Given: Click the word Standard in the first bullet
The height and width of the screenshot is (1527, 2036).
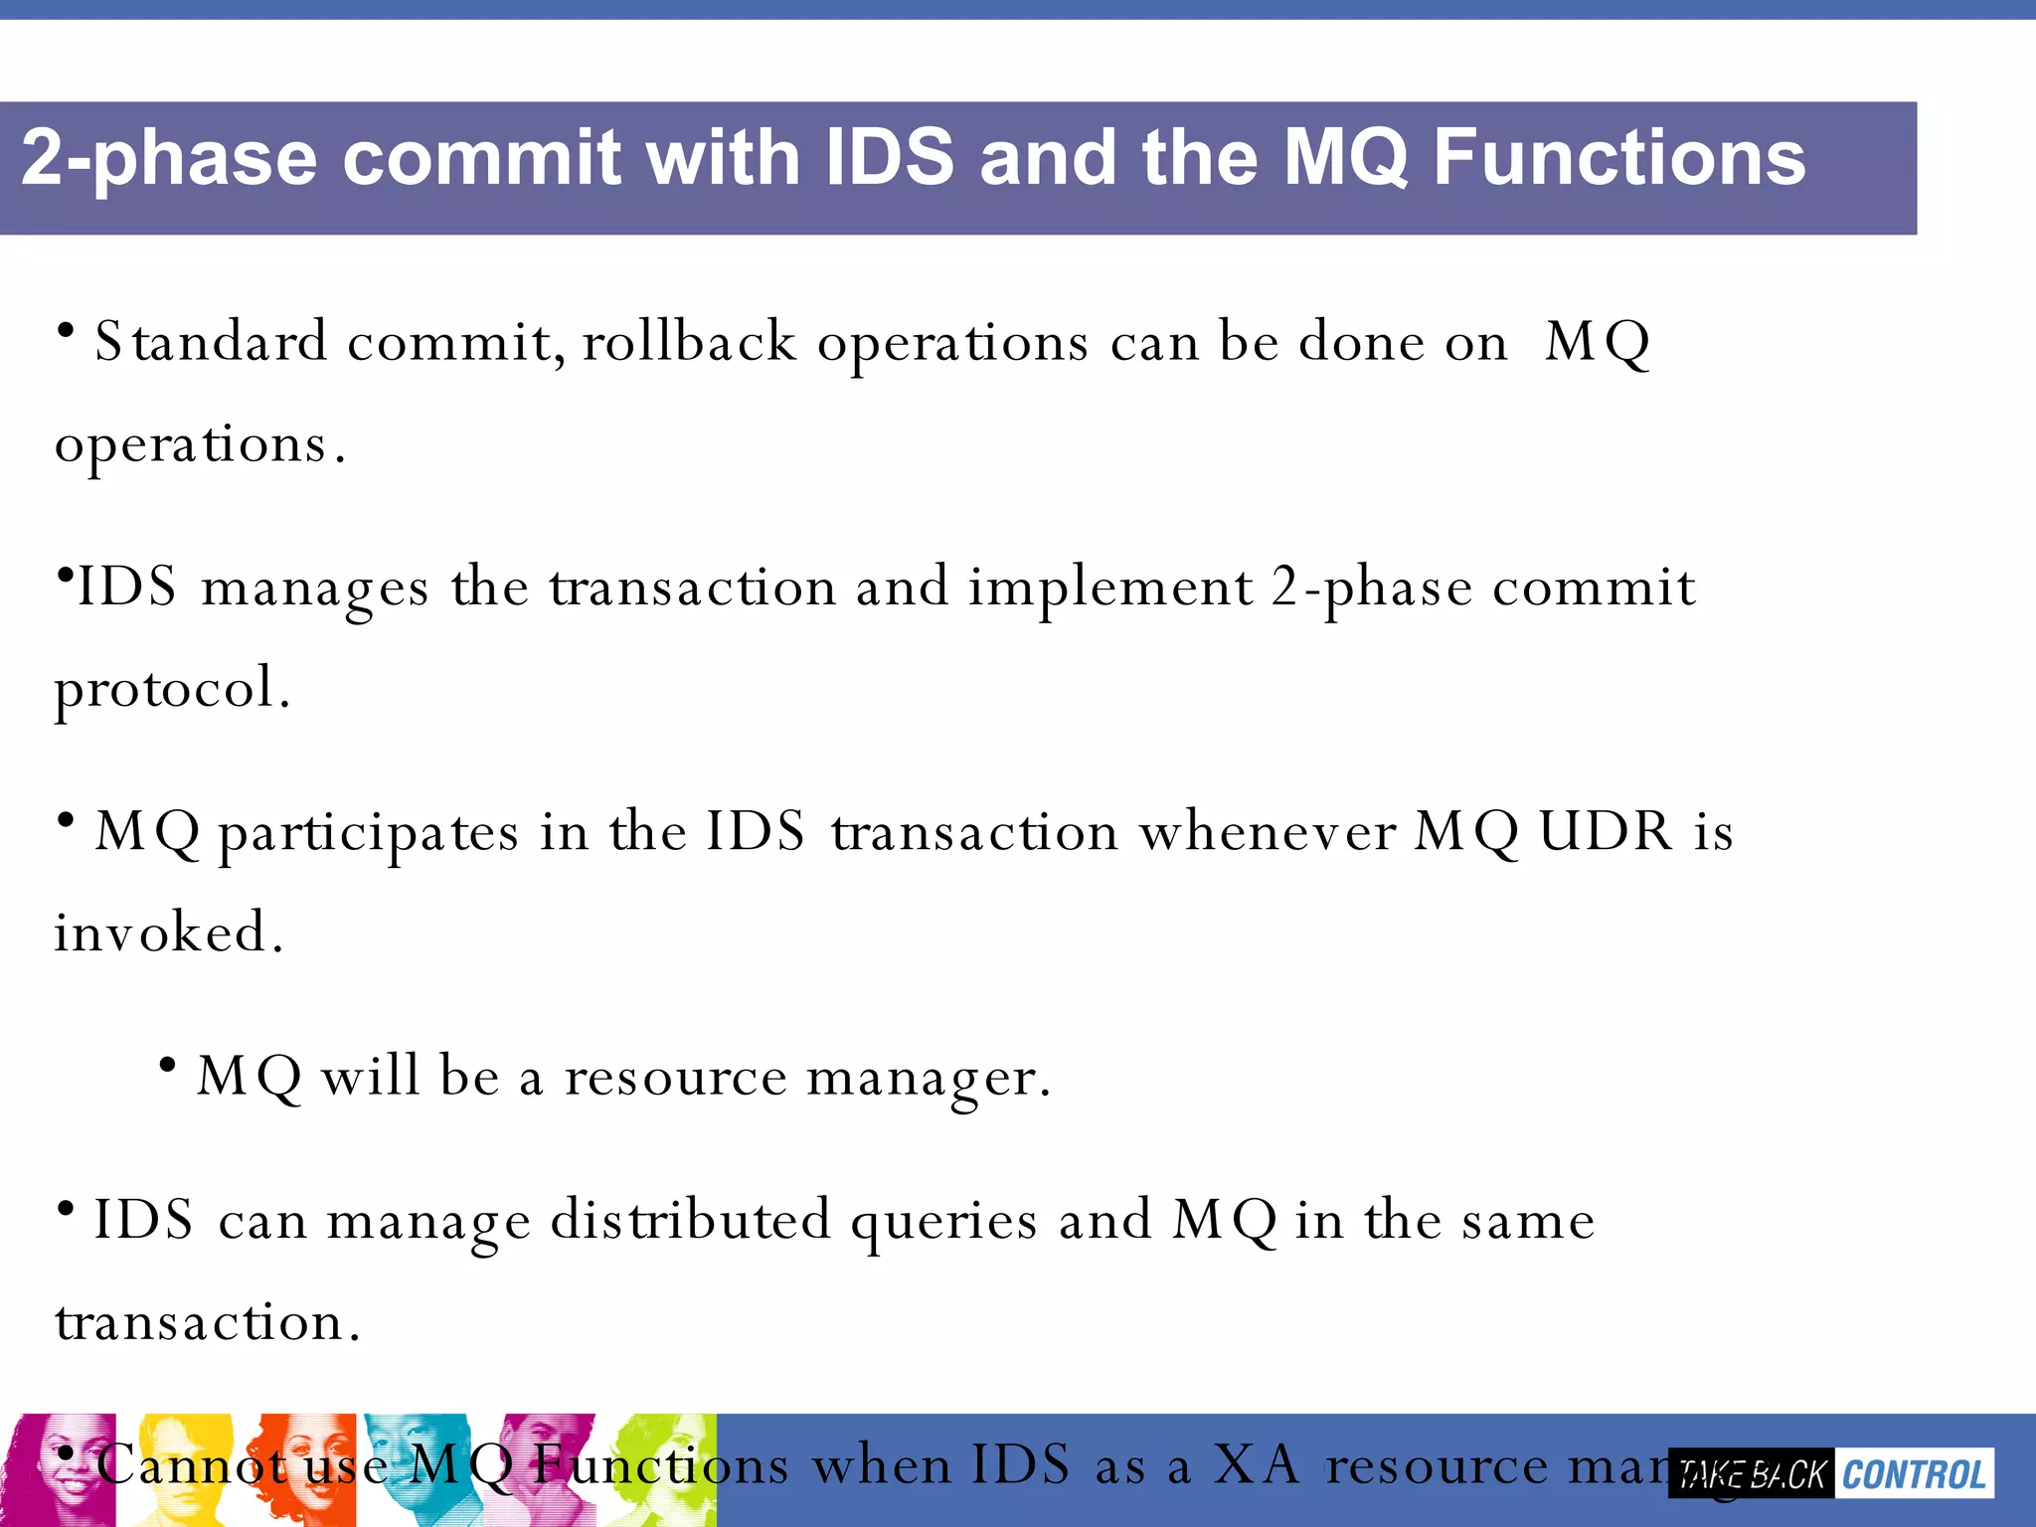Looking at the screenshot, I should click(x=211, y=342).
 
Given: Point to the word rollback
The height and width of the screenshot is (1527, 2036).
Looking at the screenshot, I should click(x=689, y=342).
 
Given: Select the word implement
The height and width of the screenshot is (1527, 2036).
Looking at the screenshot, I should click(x=1110, y=589).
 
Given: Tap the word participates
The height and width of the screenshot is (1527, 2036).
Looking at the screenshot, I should click(x=368, y=833).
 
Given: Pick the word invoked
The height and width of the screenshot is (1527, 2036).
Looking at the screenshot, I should click(x=167, y=933).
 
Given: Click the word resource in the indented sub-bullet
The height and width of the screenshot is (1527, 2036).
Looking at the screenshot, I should click(x=676, y=1078).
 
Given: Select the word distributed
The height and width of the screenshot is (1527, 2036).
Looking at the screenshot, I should click(x=690, y=1221).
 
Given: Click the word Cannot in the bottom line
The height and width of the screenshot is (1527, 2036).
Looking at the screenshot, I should click(x=189, y=1465).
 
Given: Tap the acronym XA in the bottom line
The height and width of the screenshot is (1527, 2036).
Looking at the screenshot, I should click(x=1257, y=1465).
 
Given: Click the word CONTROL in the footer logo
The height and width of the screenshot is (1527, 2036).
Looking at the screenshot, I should click(x=1914, y=1474).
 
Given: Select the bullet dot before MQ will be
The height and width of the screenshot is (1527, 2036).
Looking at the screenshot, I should click(x=167, y=1066).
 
